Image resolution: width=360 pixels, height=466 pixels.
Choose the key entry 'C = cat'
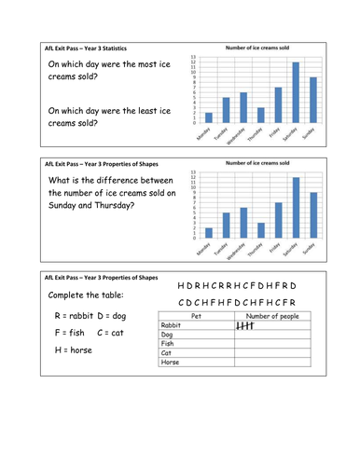111,334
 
